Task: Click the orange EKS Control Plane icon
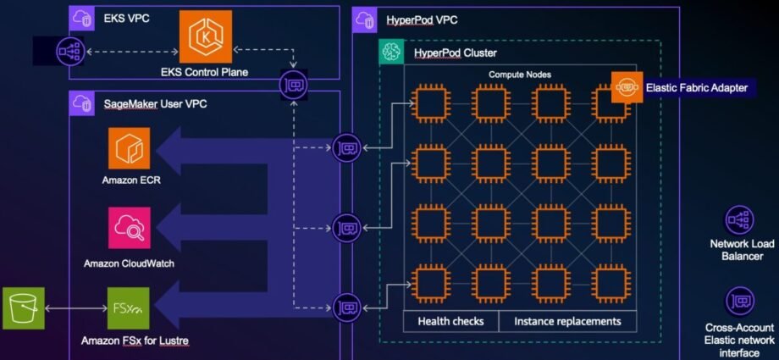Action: pyautogui.click(x=206, y=36)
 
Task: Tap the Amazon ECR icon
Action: pyautogui.click(x=130, y=148)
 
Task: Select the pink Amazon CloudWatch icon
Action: pyautogui.click(x=130, y=228)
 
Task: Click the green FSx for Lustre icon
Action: pyautogui.click(x=128, y=308)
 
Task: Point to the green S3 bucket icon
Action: pyautogui.click(x=24, y=308)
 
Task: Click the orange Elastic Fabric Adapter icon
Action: pyautogui.click(x=627, y=87)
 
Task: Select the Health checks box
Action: pyautogui.click(x=450, y=321)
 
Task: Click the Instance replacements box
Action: pyautogui.click(x=567, y=321)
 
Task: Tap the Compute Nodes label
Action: pyautogui.click(x=520, y=75)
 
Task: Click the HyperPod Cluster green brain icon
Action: pyautogui.click(x=391, y=52)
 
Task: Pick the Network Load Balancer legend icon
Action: pyautogui.click(x=740, y=220)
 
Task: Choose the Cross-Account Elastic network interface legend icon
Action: pyautogui.click(x=740, y=302)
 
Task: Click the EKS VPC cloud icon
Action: pyautogui.click(x=81, y=19)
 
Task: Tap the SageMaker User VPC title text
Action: pyautogui.click(x=155, y=104)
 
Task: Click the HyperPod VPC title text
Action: pyautogui.click(x=422, y=20)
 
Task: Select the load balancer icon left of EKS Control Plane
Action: pyautogui.click(x=70, y=51)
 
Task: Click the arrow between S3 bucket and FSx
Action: pyautogui.click(x=76, y=308)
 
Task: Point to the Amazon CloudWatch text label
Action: pyautogui.click(x=129, y=263)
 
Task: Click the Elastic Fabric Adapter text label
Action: pyautogui.click(x=697, y=88)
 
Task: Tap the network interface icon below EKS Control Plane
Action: pyautogui.click(x=293, y=85)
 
